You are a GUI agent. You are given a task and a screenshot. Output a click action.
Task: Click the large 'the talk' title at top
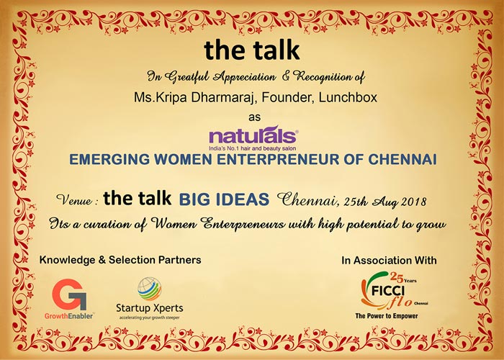click(252, 50)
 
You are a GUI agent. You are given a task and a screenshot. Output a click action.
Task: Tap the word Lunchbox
click(348, 97)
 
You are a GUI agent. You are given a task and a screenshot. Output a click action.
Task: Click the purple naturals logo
click(253, 138)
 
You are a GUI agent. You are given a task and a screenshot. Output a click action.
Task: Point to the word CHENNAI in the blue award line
click(402, 159)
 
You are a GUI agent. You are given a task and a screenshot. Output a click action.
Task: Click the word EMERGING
click(109, 159)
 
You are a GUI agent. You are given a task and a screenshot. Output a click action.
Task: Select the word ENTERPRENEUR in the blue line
click(278, 159)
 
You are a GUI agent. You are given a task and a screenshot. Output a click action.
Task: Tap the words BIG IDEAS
click(224, 199)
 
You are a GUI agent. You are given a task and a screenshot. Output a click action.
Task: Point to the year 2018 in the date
click(413, 202)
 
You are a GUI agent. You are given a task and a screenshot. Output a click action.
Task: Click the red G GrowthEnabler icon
click(69, 294)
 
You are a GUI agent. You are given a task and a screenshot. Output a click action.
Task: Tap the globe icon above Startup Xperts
click(150, 289)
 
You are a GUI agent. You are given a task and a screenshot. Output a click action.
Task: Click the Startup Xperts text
click(150, 308)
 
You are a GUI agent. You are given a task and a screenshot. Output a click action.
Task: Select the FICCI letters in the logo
click(388, 291)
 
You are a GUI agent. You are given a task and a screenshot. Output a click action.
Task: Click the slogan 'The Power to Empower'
click(387, 316)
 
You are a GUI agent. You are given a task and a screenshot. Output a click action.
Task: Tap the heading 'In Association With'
click(389, 261)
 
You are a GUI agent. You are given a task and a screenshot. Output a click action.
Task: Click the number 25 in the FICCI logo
click(397, 277)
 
